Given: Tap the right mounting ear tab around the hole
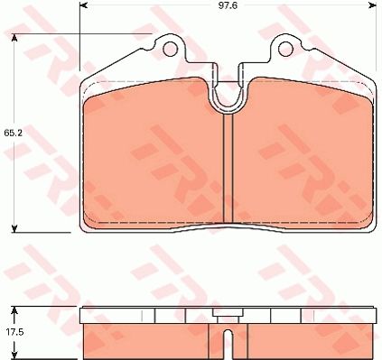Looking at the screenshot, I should click(286, 45).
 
